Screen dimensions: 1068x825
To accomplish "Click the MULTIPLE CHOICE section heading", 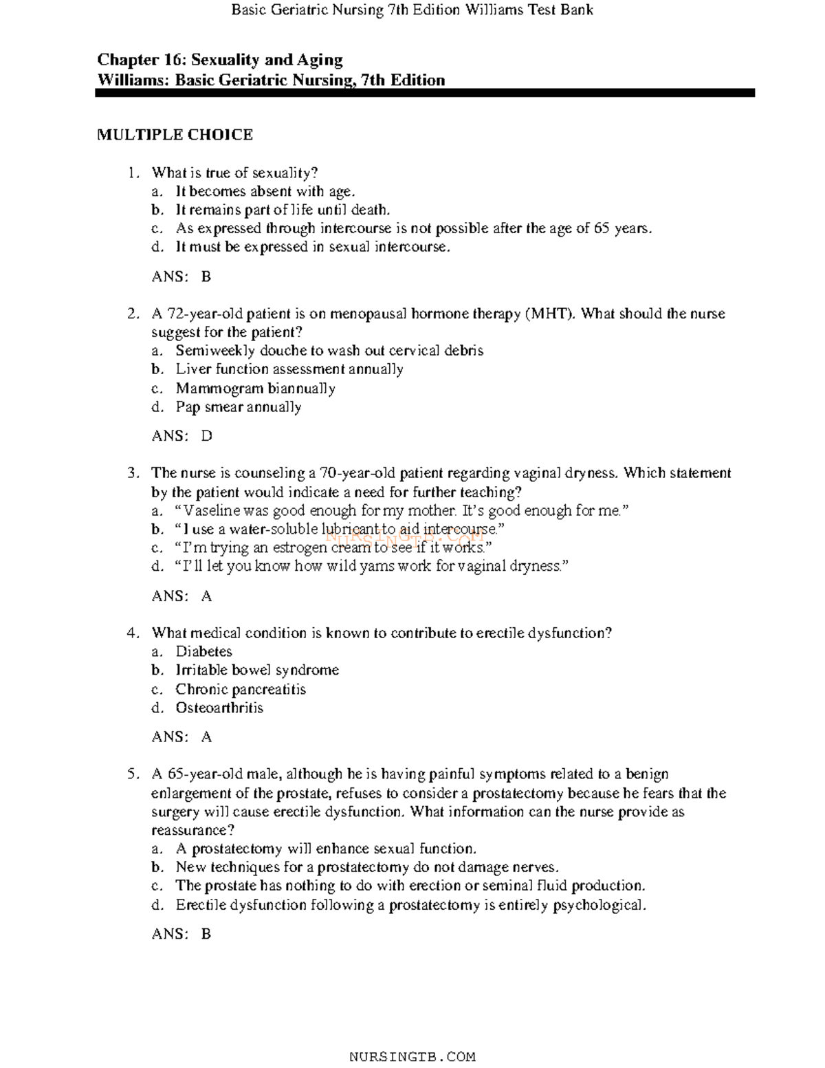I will [x=175, y=135].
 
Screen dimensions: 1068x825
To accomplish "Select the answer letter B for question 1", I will [x=206, y=276].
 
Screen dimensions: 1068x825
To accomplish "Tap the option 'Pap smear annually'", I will [x=238, y=407].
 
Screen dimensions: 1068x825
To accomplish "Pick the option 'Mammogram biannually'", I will [x=255, y=389].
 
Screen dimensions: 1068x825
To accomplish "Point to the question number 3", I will [x=133, y=473].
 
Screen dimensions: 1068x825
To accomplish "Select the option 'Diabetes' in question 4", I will [x=203, y=651].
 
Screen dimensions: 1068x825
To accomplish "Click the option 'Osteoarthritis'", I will [x=219, y=708].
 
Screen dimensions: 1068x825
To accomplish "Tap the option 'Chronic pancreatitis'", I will [x=241, y=689].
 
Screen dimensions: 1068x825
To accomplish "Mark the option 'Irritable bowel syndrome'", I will [x=257, y=670].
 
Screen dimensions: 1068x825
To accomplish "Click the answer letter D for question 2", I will [x=206, y=436].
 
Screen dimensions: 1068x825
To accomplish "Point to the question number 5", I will [x=133, y=774].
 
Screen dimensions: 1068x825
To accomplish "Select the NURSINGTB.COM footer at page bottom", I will [x=412, y=1057].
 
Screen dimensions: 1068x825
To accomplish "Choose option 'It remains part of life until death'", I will [x=283, y=210].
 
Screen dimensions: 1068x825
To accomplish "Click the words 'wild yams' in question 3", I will [x=351, y=567].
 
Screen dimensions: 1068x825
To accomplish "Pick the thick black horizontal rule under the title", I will [x=425, y=93].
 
